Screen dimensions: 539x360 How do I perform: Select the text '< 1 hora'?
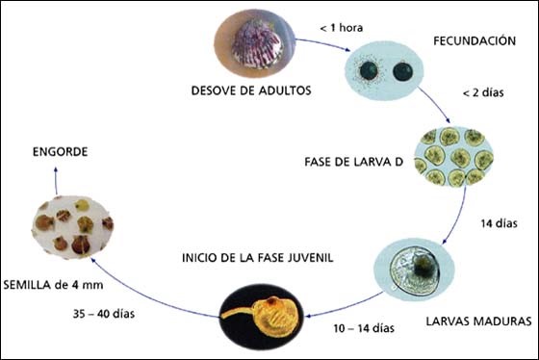[x=343, y=30]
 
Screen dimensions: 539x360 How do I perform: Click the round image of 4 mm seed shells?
[x=71, y=223]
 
